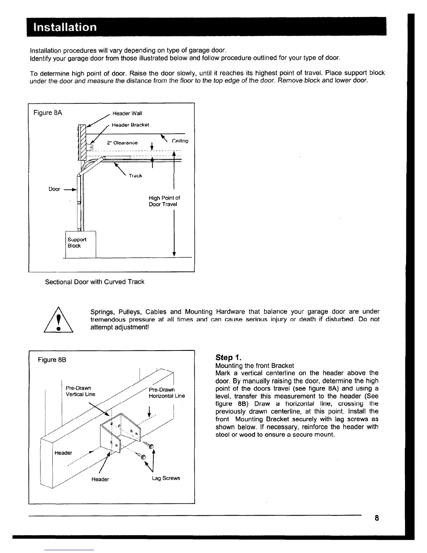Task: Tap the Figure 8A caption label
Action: (x=48, y=113)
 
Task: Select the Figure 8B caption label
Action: (x=52, y=360)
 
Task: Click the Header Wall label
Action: (x=127, y=113)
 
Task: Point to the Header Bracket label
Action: (x=130, y=125)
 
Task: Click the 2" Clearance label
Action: (x=122, y=143)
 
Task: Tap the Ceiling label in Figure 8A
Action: (x=180, y=141)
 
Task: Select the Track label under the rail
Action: (x=135, y=176)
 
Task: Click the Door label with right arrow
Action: (x=54, y=189)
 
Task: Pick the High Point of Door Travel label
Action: (x=164, y=201)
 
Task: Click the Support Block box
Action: (x=81, y=243)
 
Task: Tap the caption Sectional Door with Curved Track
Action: (x=95, y=282)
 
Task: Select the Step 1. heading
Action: (x=228, y=357)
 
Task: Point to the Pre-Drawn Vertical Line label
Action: (x=80, y=391)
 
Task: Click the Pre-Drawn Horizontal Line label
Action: (x=167, y=393)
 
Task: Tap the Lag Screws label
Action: (x=166, y=478)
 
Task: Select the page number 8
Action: (x=377, y=518)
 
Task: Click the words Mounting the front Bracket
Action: (x=255, y=366)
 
